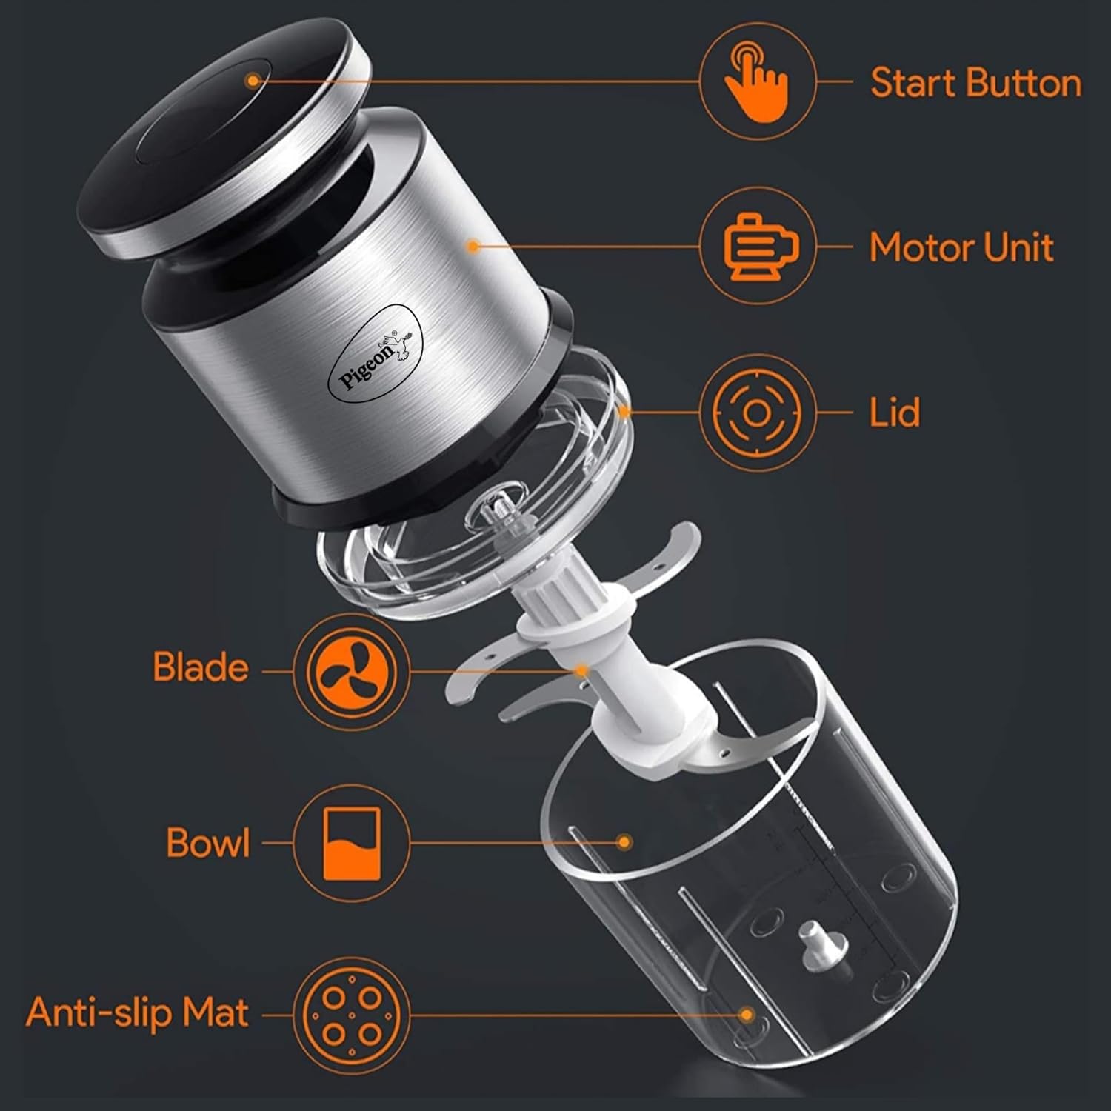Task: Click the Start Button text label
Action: click(975, 83)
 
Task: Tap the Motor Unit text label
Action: click(961, 247)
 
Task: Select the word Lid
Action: click(894, 412)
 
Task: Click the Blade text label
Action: click(201, 667)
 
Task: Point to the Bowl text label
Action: click(208, 843)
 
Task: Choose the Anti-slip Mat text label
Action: click(137, 1012)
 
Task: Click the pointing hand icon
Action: click(757, 81)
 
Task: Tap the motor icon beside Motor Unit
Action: click(758, 247)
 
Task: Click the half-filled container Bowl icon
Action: click(352, 843)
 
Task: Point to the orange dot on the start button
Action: click(253, 80)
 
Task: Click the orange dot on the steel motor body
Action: click(474, 245)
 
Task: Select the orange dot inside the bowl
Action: click(624, 842)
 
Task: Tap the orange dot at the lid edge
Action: click(626, 412)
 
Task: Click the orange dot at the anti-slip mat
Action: click(747, 1013)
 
